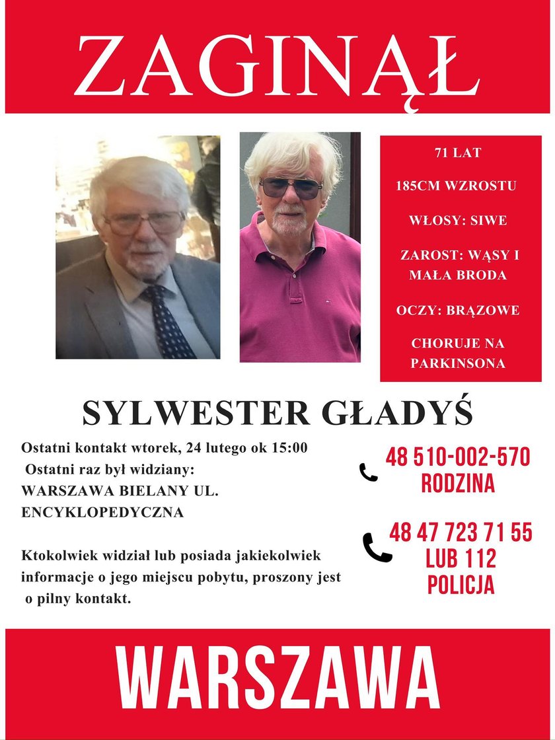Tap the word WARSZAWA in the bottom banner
(x=277, y=681)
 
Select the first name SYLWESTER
(x=196, y=414)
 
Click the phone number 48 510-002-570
(x=458, y=457)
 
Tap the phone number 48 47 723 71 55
(x=461, y=533)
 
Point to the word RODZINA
(x=458, y=484)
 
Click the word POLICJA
(x=461, y=585)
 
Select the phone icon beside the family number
(x=368, y=472)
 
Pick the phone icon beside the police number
(x=377, y=548)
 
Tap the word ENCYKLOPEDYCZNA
(x=102, y=512)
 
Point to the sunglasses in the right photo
(x=291, y=188)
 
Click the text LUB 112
(x=461, y=559)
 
